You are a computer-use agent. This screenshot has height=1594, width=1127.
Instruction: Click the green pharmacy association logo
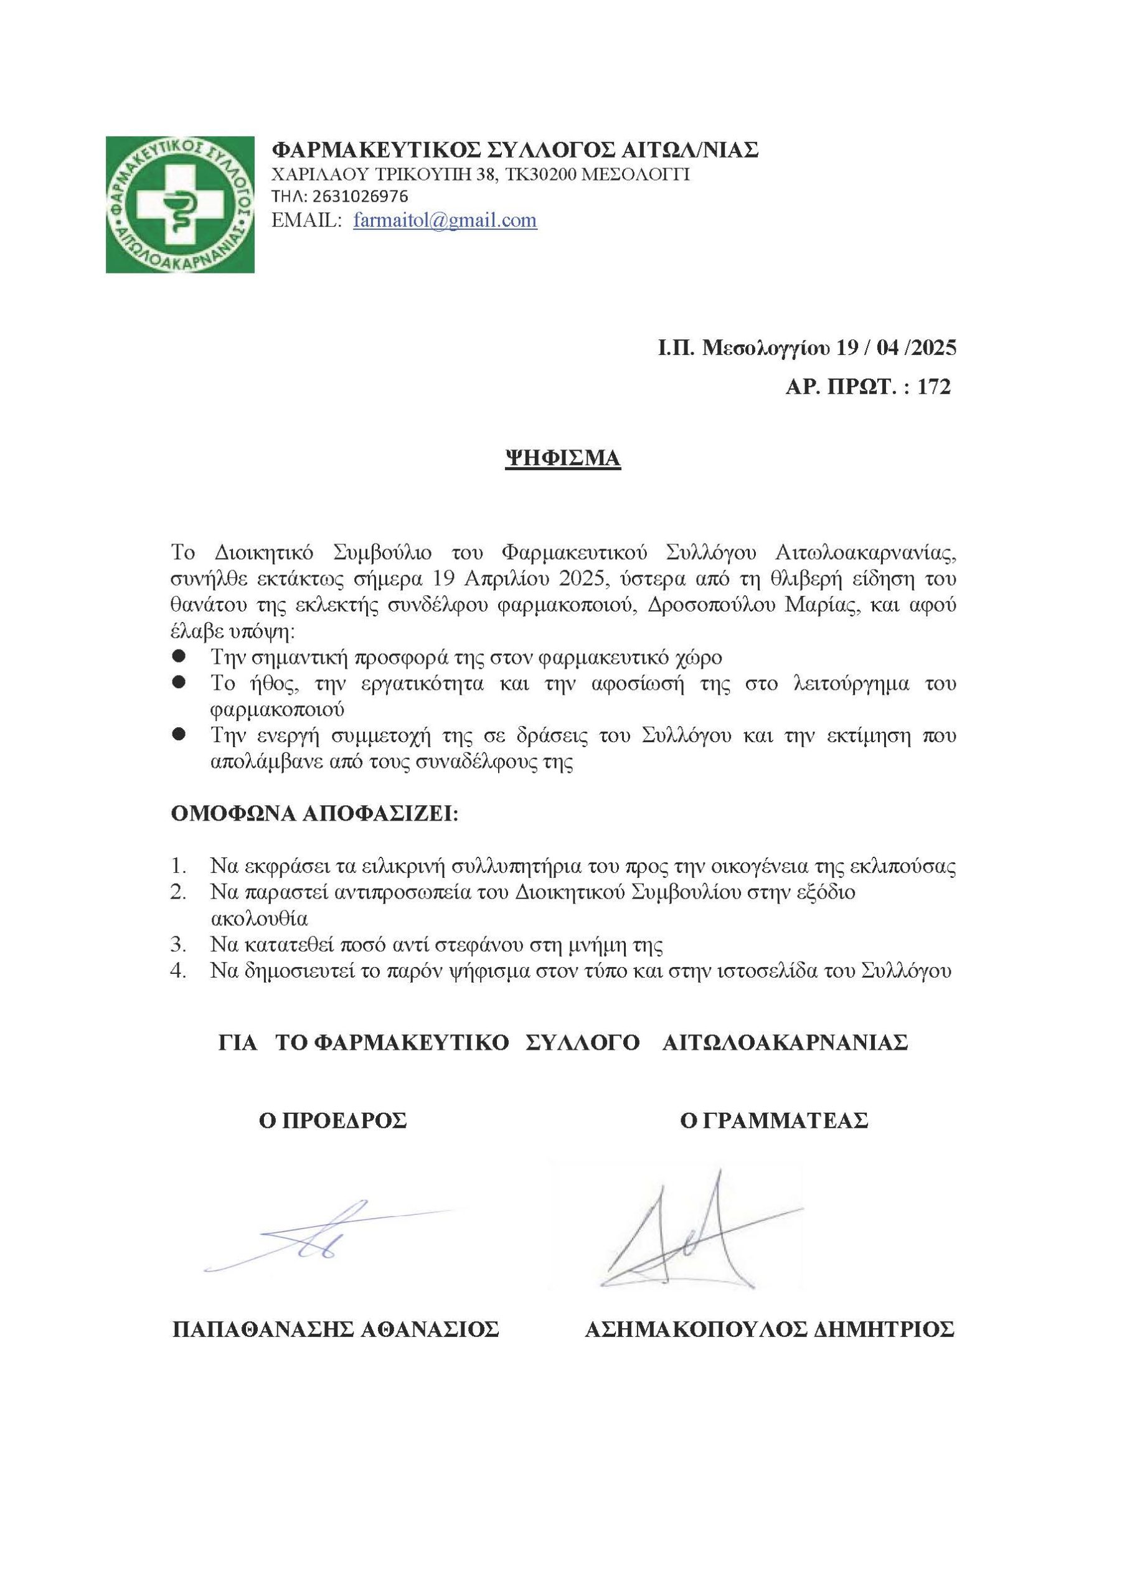coord(180,204)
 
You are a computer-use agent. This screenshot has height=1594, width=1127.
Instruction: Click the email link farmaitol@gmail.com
coord(445,221)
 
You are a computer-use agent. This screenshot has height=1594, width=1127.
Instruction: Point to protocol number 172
coord(934,387)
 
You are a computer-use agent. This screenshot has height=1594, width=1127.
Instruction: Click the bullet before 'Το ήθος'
coord(179,683)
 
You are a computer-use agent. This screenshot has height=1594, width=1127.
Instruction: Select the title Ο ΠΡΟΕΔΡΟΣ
coord(332,1121)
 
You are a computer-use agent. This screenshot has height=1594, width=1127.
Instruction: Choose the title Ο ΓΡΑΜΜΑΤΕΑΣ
coord(773,1121)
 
